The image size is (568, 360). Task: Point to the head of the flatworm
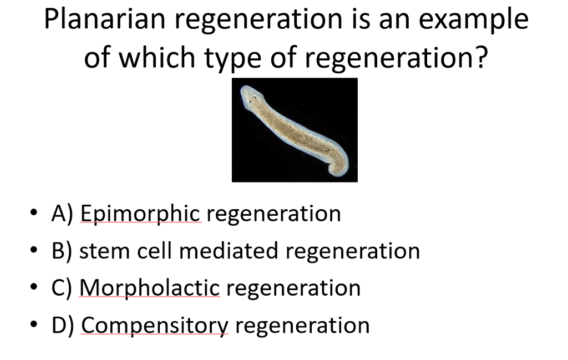[x=251, y=97]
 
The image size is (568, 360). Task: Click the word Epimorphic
[x=140, y=214]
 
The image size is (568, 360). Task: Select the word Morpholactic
[x=150, y=288]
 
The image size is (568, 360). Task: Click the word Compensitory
[x=155, y=326]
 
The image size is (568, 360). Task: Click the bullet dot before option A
[x=35, y=214]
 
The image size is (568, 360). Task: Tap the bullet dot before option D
[x=35, y=325]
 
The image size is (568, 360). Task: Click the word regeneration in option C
[x=293, y=288]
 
